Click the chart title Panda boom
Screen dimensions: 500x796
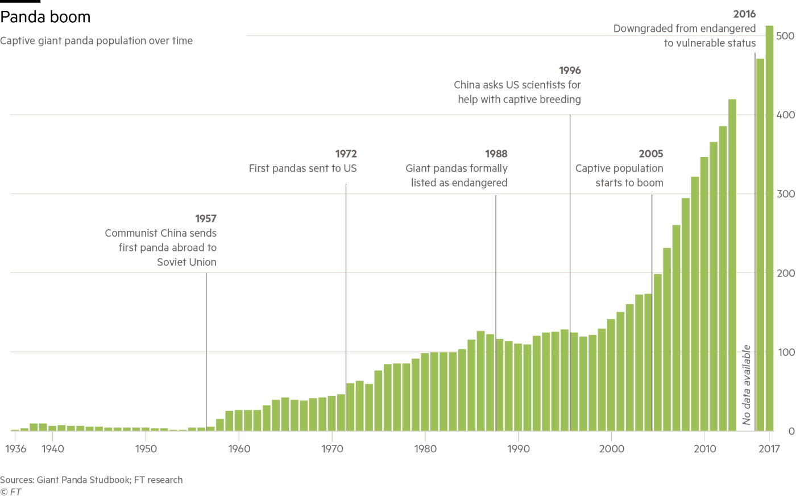pos(45,18)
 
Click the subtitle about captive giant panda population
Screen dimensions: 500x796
pos(97,41)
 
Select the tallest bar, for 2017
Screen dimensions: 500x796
pos(769,228)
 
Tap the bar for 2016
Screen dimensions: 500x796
pos(760,245)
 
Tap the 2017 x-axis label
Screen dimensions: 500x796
pos(769,449)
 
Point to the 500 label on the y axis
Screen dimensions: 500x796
pos(786,36)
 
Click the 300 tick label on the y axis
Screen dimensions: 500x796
pos(786,194)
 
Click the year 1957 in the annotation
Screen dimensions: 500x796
pos(206,218)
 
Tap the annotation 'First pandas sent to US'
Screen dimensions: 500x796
pos(303,169)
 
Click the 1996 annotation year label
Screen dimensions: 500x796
pos(570,70)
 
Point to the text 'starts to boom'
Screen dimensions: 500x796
pos(629,183)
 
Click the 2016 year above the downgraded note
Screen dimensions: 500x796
pos(745,14)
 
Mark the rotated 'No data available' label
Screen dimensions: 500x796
pos(747,385)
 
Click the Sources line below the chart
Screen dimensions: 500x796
pos(91,480)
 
